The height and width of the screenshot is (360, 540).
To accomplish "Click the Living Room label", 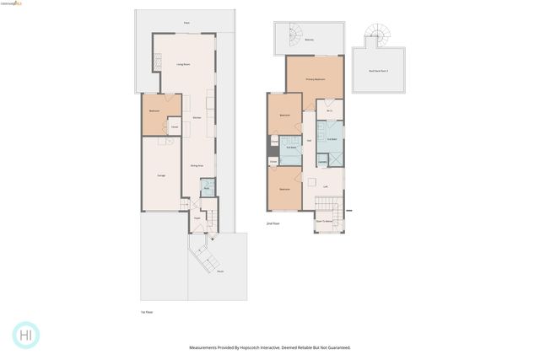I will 181,64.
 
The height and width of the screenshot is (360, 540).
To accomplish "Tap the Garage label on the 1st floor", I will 160,175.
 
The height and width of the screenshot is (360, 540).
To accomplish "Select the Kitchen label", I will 196,119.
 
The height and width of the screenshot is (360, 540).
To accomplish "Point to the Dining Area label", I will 196,165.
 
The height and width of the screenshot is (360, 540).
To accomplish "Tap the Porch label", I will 220,271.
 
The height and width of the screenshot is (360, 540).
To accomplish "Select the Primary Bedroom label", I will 315,78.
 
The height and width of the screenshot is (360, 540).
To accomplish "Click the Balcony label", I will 309,40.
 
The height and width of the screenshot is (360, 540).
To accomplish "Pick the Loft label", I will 326,186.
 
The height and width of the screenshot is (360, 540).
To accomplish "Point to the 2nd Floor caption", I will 273,224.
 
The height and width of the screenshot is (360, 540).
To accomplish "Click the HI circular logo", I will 27,335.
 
